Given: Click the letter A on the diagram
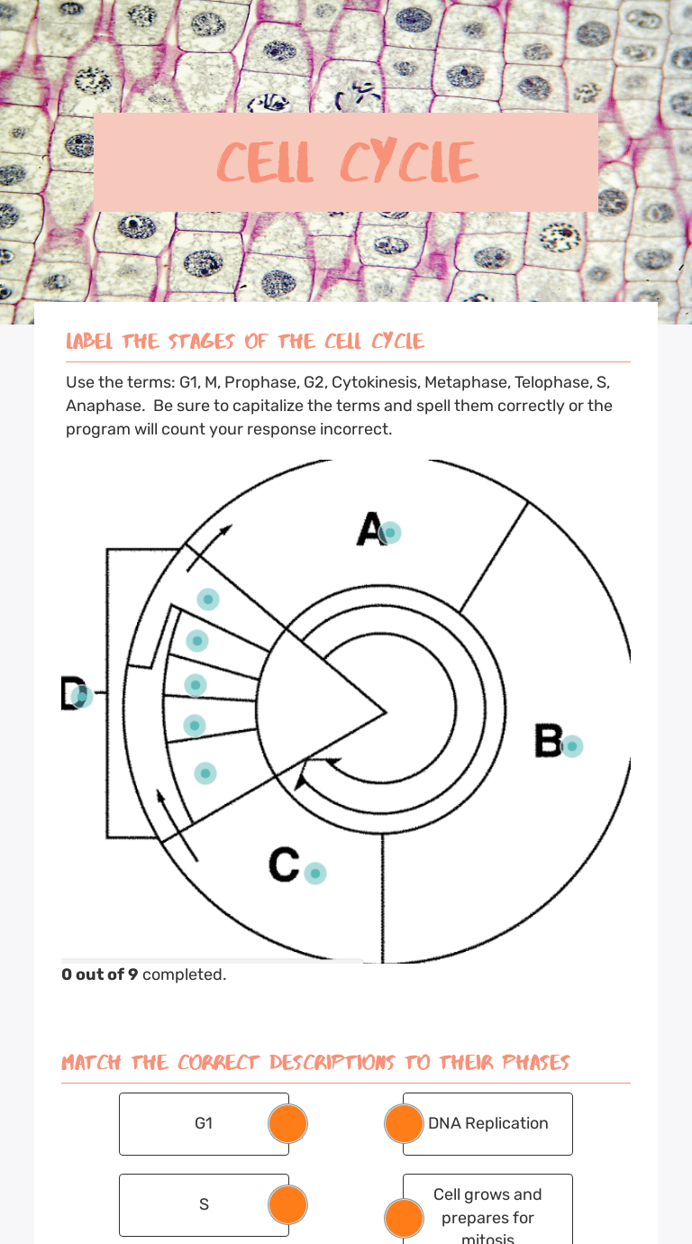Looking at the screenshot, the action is point(369,528).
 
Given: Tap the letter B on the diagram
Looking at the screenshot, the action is point(548,740).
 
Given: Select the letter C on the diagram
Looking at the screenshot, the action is point(284,864).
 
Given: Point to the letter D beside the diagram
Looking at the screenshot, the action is point(72,692).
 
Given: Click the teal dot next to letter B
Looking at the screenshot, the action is point(572,746).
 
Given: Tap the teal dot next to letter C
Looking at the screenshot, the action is point(315,873).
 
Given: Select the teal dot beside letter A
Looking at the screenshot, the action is point(390,533).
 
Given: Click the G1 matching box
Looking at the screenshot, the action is point(204,1124).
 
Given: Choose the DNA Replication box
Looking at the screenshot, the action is point(487,1124).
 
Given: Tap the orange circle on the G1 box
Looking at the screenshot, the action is point(287,1123).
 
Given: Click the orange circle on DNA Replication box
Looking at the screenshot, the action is point(404,1123).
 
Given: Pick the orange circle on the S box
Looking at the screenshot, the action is point(287,1204).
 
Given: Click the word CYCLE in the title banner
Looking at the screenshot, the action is point(409,161).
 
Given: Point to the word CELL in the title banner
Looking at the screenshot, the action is point(265,161).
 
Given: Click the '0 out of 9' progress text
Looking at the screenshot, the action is point(99,974).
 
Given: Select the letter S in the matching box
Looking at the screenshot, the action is point(204,1204).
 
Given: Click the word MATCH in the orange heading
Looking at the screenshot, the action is point(91,1063).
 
